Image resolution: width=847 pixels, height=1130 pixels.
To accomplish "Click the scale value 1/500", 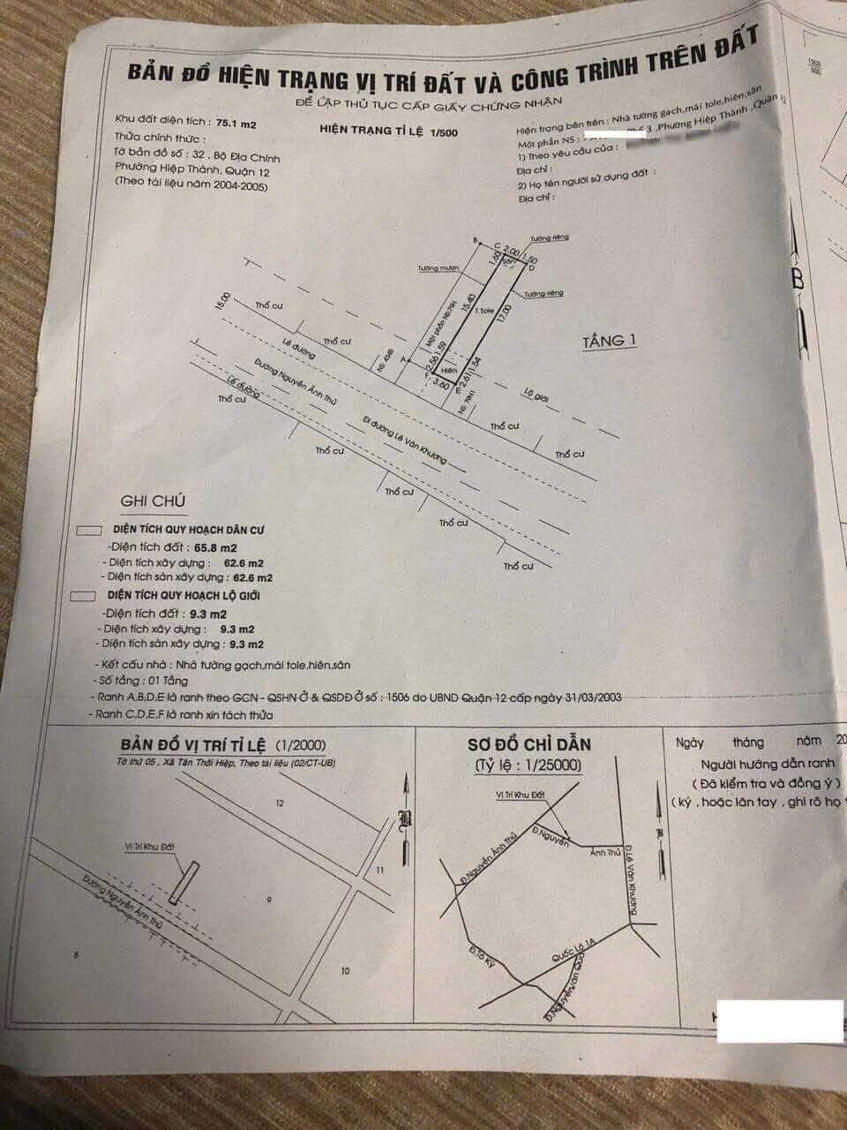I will pos(439,132).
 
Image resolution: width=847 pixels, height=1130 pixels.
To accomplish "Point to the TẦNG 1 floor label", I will pos(609,341).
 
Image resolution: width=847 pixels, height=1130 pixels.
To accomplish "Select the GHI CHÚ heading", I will pos(154,501).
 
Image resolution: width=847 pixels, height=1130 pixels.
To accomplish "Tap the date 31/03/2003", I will pos(594,697).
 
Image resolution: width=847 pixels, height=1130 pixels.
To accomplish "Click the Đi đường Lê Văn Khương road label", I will pos(406,440).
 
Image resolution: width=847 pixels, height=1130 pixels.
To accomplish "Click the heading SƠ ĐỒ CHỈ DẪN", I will pos(529,744).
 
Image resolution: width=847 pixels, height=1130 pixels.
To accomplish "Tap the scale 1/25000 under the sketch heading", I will pos(529,765).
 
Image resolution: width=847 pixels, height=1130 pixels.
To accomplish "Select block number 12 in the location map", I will pos(281,803).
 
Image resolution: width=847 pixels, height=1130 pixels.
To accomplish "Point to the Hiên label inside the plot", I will pos(449,372).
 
